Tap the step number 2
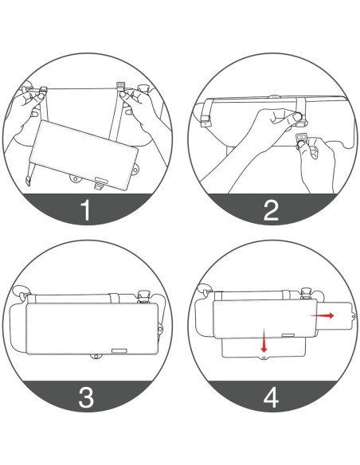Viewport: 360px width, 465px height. pyautogui.click(x=272, y=210)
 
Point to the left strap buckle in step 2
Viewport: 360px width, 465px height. pyautogui.click(x=204, y=120)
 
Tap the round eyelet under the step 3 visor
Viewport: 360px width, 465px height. pyautogui.click(x=95, y=356)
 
